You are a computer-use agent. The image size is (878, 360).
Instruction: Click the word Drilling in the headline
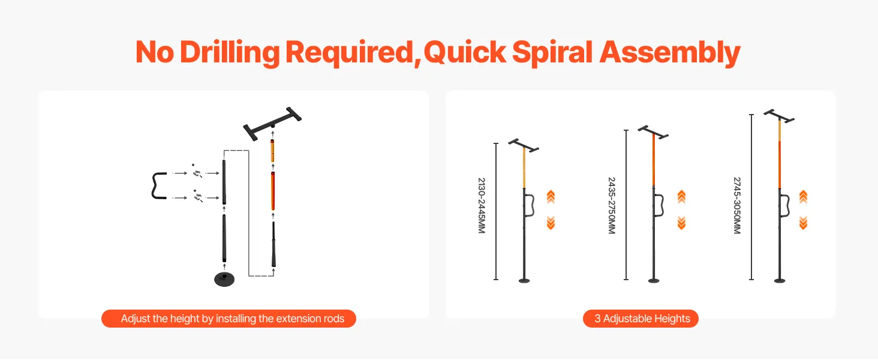[230, 53]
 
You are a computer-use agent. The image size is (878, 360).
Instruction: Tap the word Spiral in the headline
[552, 53]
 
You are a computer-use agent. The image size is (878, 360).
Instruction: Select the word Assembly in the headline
[670, 53]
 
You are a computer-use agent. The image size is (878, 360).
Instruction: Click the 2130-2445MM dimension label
[482, 205]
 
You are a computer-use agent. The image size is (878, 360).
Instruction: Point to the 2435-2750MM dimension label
[612, 205]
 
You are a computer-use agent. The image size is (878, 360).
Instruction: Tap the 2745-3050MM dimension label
[737, 205]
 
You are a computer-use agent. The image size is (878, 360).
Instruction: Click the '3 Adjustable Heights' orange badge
[641, 319]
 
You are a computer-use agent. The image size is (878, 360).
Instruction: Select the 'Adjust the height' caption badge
[228, 319]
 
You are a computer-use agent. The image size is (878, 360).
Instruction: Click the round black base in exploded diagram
[224, 279]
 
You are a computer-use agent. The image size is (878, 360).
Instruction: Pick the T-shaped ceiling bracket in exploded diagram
[272, 123]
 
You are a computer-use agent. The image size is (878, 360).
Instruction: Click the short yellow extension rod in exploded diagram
[272, 151]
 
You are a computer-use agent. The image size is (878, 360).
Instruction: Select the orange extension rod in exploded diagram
[273, 191]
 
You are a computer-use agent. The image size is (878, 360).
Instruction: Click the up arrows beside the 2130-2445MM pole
[551, 197]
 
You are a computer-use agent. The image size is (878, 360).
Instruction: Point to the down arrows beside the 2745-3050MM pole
[803, 223]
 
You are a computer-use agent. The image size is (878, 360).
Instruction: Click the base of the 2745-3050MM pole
[780, 280]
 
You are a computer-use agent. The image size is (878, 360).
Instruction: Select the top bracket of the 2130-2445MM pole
[524, 145]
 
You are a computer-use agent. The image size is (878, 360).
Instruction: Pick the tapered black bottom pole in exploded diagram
[273, 244]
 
